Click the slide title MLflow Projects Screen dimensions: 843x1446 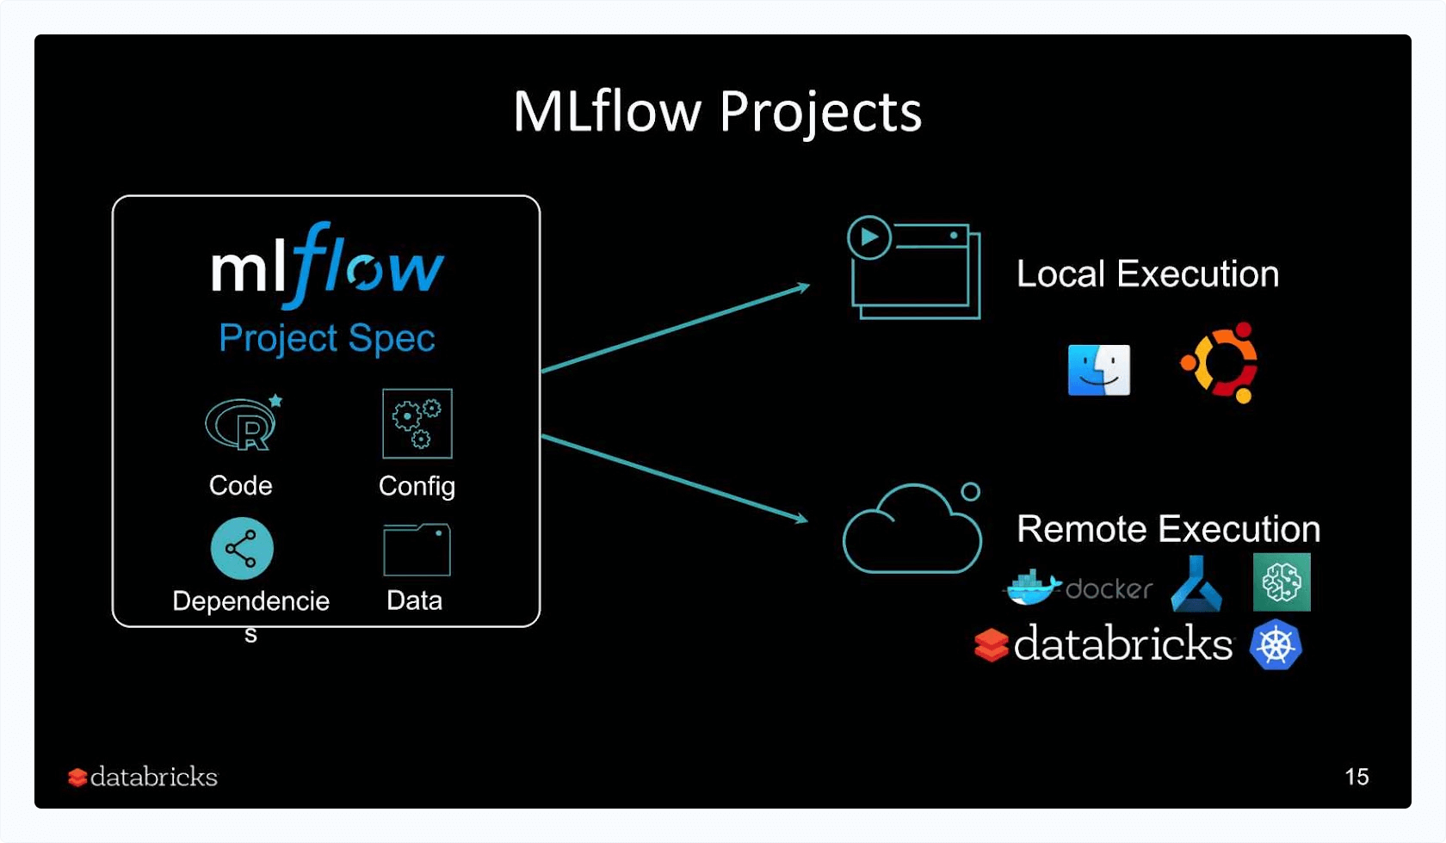coord(717,112)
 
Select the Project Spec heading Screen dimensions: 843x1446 coord(327,338)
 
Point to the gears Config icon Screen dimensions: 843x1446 coord(417,424)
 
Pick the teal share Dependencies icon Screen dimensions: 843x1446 coord(242,549)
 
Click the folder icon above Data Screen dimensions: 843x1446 coord(417,550)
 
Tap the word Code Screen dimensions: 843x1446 coord(241,486)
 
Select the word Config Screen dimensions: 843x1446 coord(417,487)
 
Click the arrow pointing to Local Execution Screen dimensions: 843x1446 coord(676,329)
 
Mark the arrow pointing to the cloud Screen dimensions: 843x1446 coord(676,478)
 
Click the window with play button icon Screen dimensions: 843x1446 coord(914,268)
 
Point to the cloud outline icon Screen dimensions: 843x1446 coord(912,532)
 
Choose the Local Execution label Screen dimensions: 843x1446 coord(1147,274)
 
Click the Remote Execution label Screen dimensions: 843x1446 coord(1168,529)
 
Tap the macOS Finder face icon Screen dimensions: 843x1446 coord(1099,370)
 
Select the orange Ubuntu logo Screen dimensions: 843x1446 coord(1220,363)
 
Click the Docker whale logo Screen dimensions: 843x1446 coord(1033,588)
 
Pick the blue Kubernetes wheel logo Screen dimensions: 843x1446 coord(1276,645)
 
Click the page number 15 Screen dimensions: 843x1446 coord(1356,777)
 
